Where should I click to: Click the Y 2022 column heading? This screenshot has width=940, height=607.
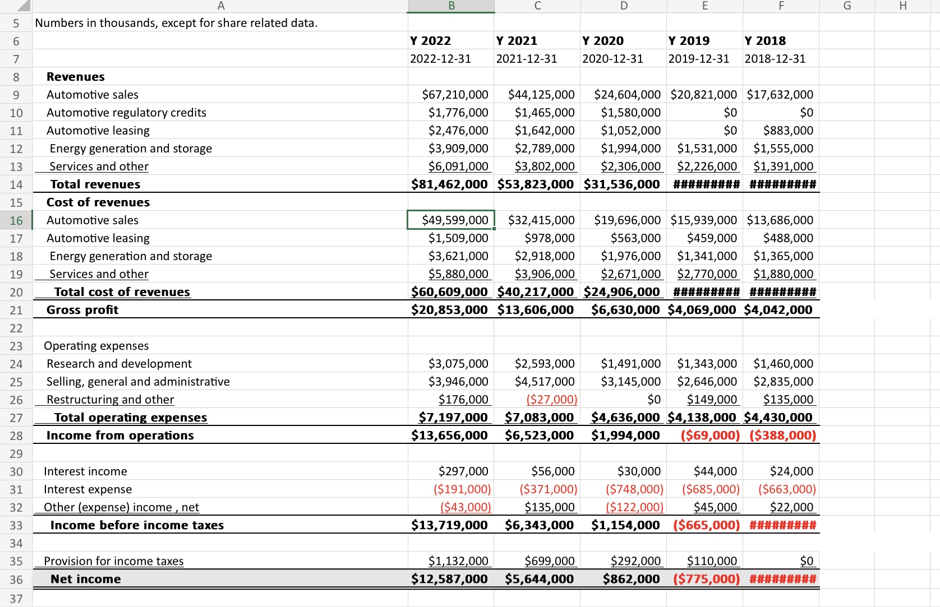[430, 41]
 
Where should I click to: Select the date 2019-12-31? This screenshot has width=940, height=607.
[698, 59]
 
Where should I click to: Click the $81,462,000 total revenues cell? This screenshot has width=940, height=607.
[449, 184]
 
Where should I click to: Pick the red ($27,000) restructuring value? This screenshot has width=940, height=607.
[551, 400]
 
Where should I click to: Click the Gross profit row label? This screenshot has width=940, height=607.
[82, 310]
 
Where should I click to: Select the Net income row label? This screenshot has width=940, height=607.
[85, 579]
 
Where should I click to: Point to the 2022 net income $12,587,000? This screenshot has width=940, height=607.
[449, 579]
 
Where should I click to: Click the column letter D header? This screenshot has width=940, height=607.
[624, 6]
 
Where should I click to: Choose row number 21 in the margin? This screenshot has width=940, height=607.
[16, 310]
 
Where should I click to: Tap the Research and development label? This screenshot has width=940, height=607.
[119, 364]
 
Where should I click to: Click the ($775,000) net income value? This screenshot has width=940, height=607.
[706, 579]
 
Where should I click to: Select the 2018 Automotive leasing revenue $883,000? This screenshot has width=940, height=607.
[788, 131]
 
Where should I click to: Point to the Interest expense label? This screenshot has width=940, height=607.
[88, 489]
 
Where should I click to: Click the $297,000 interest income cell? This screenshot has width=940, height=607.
[463, 471]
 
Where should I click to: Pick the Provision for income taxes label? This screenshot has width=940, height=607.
[113, 561]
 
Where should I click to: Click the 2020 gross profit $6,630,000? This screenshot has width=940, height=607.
[625, 310]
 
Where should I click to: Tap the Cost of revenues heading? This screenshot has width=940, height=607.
[98, 202]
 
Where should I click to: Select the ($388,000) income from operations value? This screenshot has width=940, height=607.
[782, 435]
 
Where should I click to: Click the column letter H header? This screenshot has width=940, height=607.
[902, 6]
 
